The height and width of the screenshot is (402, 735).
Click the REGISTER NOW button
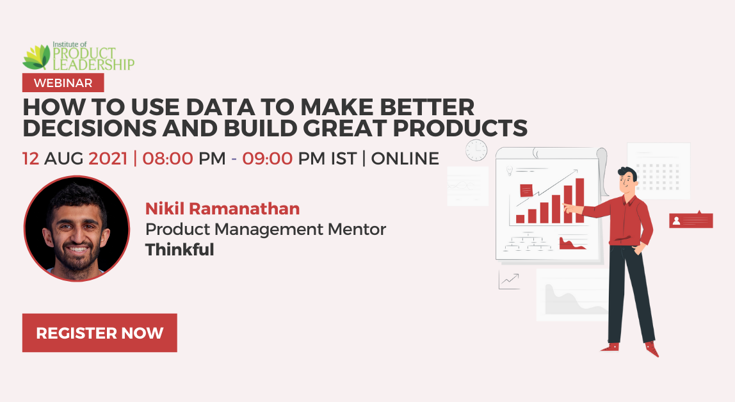tap(99, 333)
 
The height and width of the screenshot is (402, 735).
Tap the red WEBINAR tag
tap(63, 83)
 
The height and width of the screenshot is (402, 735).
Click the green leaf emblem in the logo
tap(36, 58)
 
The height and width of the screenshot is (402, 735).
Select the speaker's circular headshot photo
tap(77, 229)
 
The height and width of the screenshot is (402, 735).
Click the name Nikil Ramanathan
tap(222, 208)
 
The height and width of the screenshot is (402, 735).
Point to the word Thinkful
tap(179, 250)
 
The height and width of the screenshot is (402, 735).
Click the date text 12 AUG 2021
tap(74, 158)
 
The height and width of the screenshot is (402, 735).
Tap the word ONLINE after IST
tap(405, 158)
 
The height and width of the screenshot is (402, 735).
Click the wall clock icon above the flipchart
tap(476, 150)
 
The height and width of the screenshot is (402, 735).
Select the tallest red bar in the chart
tap(579, 200)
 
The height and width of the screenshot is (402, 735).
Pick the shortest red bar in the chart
tap(520, 218)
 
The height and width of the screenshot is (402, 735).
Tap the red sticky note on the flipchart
tap(526, 190)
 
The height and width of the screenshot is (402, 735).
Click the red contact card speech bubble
tap(691, 220)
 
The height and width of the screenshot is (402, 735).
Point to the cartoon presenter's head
tap(626, 181)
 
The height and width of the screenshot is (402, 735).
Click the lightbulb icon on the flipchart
tap(510, 171)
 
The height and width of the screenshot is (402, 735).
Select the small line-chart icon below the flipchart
tap(509, 280)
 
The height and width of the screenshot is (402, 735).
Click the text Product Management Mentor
tap(266, 229)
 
